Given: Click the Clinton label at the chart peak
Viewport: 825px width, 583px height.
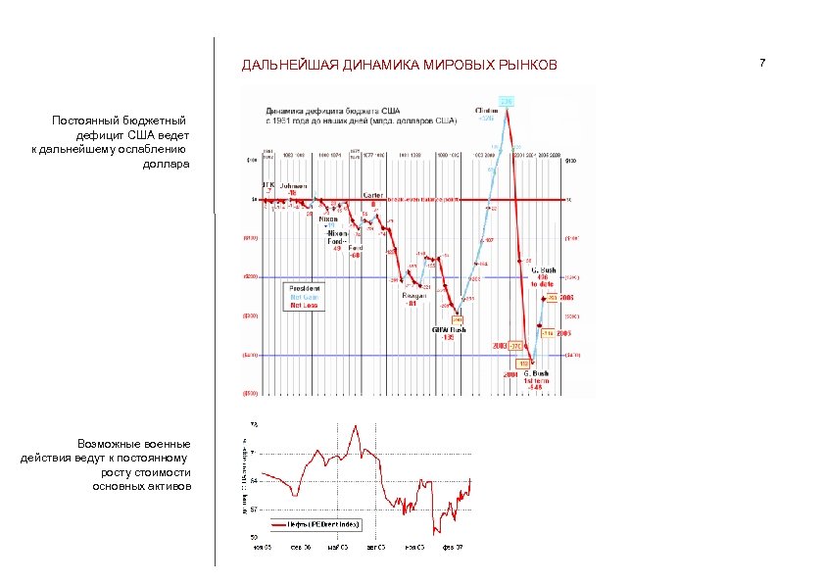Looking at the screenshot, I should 485,109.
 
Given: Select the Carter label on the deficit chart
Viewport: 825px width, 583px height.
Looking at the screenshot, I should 372,194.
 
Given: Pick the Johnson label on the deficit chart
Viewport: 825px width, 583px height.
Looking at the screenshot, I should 293,185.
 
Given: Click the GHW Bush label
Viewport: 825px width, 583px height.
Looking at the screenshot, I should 450,329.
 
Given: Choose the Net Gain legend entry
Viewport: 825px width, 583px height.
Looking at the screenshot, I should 303,297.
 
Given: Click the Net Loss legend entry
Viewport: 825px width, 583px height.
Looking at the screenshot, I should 303,305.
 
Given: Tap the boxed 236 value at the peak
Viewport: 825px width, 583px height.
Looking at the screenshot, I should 506,102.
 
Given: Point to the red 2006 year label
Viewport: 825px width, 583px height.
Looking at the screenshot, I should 566,296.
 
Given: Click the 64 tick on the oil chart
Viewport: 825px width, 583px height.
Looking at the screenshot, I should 254,481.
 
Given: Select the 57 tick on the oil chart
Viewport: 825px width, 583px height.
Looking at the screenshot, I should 254,510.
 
